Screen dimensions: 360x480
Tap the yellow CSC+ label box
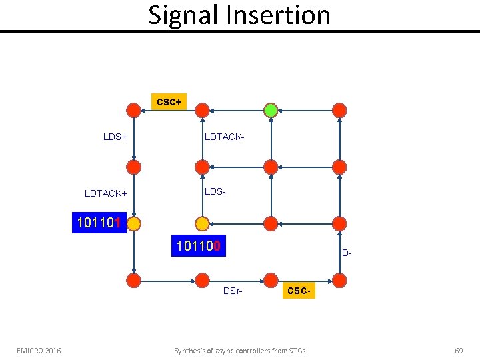click(x=169, y=102)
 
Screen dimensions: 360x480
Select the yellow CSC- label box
click(x=297, y=292)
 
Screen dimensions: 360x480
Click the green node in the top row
click(x=271, y=110)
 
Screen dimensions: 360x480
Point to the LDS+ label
click(x=115, y=137)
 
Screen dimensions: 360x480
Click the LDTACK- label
click(x=225, y=137)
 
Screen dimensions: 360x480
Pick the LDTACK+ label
click(x=106, y=193)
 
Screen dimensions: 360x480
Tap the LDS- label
click(x=215, y=191)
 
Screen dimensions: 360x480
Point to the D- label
click(x=347, y=253)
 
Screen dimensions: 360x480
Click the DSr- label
click(x=233, y=291)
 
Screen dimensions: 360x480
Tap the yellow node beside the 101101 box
click(x=133, y=223)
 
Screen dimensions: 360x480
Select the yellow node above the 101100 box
click(x=202, y=223)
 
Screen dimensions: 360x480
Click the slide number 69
click(x=458, y=350)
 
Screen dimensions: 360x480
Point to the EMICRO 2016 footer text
click(x=39, y=350)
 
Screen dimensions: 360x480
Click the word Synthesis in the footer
click(x=191, y=350)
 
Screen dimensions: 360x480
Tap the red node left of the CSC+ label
click(x=133, y=110)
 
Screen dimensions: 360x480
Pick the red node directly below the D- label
click(x=339, y=279)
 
